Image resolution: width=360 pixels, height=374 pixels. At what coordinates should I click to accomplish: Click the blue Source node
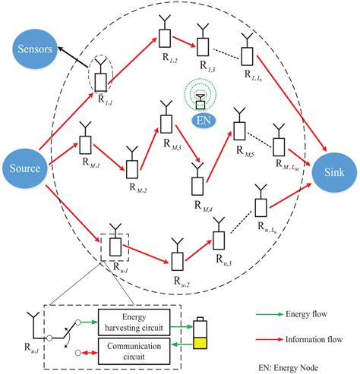click(25, 164)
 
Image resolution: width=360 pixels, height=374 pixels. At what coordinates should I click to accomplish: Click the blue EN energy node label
click(203, 118)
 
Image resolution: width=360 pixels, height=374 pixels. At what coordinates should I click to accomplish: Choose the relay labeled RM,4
click(197, 182)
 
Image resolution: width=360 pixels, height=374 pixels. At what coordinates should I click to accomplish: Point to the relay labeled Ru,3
click(219, 237)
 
